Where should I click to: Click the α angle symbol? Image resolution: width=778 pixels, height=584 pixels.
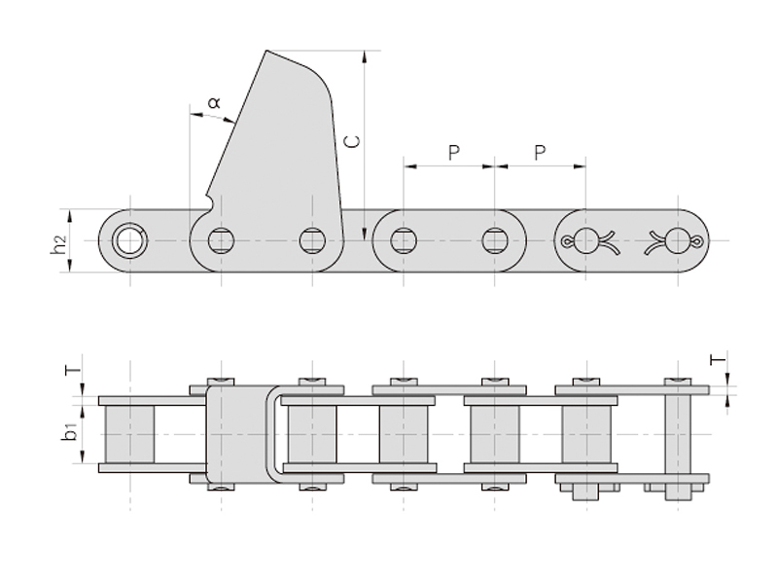215,100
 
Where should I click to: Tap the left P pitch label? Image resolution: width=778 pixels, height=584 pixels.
452,152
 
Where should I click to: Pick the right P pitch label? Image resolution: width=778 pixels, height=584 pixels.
541,152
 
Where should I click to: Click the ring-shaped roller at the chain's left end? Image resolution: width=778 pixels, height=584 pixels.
126,239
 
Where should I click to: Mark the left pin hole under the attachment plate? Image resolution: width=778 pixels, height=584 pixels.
221,239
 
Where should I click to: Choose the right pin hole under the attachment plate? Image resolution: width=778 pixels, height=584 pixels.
312,239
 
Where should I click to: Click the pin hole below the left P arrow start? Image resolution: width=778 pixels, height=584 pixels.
404,239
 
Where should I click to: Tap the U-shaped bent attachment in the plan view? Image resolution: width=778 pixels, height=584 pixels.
276,433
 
